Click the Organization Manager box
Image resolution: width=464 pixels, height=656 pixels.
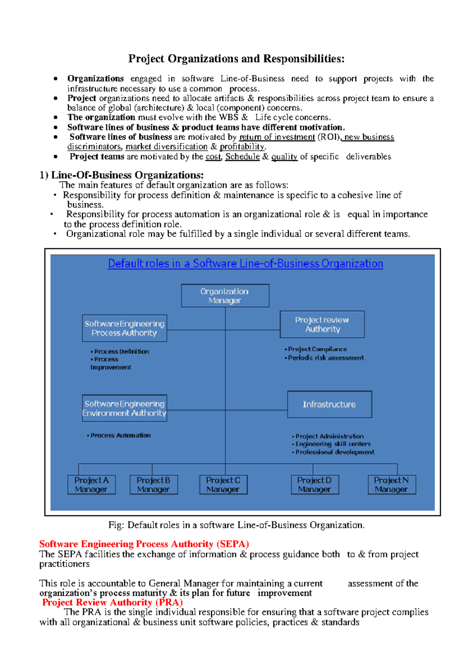(225, 296)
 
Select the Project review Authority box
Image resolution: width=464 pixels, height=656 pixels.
(322, 325)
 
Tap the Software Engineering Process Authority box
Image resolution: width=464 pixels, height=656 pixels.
(125, 328)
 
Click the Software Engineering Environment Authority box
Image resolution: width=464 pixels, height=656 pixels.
(125, 408)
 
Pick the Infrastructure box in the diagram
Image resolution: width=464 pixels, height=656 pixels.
(329, 404)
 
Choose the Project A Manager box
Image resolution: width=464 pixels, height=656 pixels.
(92, 485)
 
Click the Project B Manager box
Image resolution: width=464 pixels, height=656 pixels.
(154, 485)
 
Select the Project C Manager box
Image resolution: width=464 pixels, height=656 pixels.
(223, 485)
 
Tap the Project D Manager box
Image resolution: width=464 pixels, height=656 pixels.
(315, 485)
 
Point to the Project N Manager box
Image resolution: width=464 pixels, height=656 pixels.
(392, 485)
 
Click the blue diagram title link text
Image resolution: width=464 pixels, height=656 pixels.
(245, 263)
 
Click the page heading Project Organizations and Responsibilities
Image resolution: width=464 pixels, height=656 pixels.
(236, 59)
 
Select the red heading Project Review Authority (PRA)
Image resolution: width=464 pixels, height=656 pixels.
(113, 602)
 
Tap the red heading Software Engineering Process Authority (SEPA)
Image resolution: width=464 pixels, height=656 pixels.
(144, 544)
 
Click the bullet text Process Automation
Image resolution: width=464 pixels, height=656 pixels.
(120, 436)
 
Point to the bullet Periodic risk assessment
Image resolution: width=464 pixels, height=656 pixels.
(326, 358)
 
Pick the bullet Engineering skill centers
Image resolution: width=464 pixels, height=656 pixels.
(333, 444)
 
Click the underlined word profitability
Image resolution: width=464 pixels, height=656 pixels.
(242, 147)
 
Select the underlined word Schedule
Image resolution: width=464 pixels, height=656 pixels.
(242, 157)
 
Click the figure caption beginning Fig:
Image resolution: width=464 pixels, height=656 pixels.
(236, 525)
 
